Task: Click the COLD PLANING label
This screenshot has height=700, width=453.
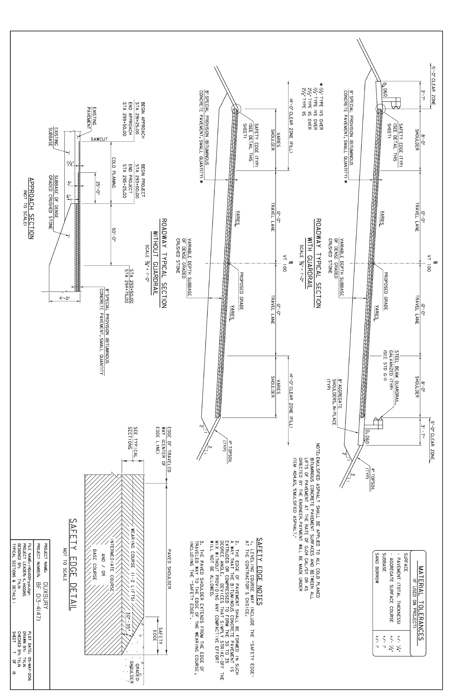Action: click(114, 173)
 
